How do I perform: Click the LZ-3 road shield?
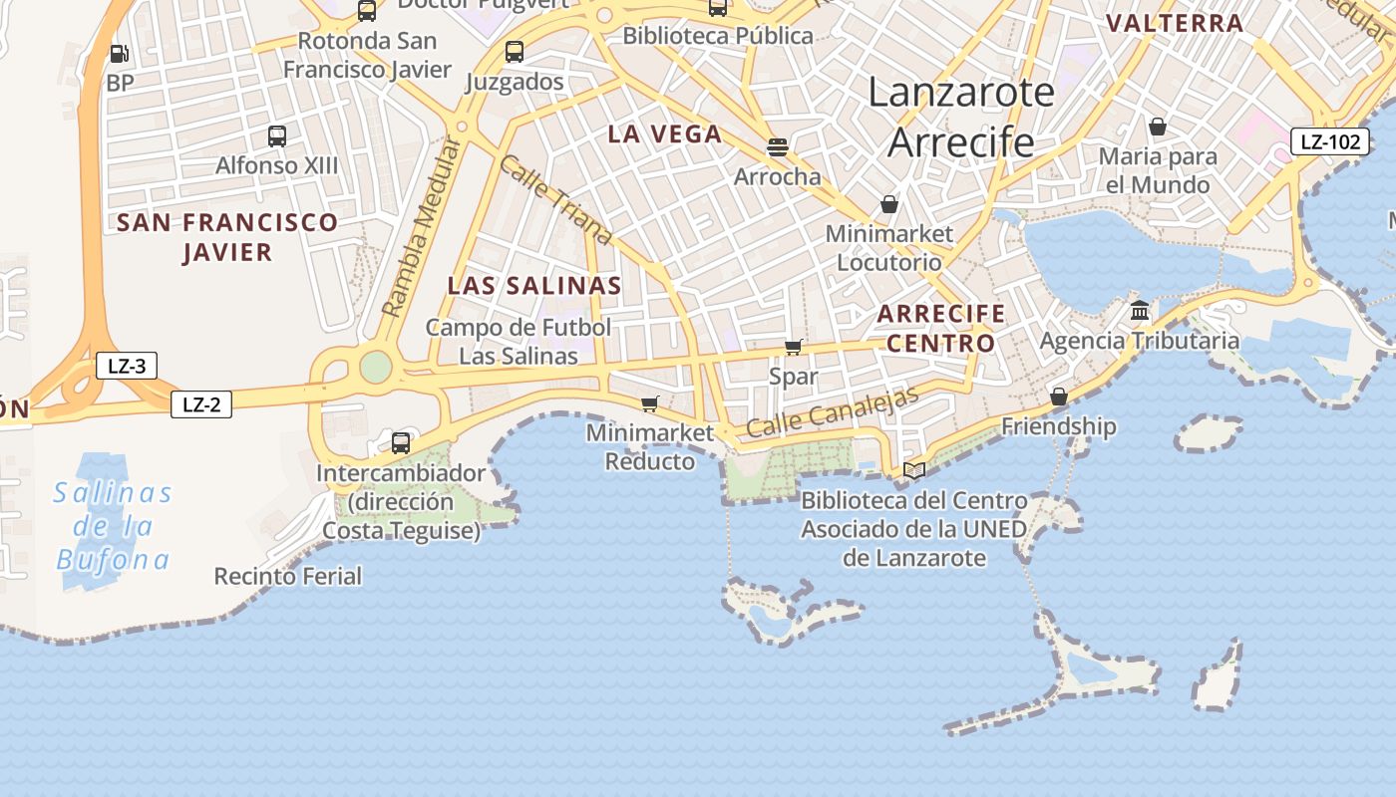[x=127, y=366]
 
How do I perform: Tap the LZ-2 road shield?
[x=201, y=404]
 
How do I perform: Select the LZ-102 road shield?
[x=1330, y=141]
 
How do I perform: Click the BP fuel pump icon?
[x=119, y=54]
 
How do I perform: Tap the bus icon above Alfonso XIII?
[x=277, y=136]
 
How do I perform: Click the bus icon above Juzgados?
[x=515, y=52]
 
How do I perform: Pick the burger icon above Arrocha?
[x=778, y=147]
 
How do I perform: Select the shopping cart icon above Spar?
[x=794, y=347]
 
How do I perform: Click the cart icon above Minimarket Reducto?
[x=650, y=403]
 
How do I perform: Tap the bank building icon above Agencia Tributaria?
[x=1140, y=311]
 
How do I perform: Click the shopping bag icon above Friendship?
[x=1059, y=397]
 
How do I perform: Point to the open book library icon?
[x=914, y=470]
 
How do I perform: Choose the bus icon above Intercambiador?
[x=401, y=443]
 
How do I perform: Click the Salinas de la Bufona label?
[x=113, y=526]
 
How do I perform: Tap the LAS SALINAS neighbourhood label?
[x=534, y=286]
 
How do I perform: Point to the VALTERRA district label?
[x=1175, y=23]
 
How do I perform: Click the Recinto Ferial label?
[x=288, y=576]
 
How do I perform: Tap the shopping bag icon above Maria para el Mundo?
[x=1158, y=127]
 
